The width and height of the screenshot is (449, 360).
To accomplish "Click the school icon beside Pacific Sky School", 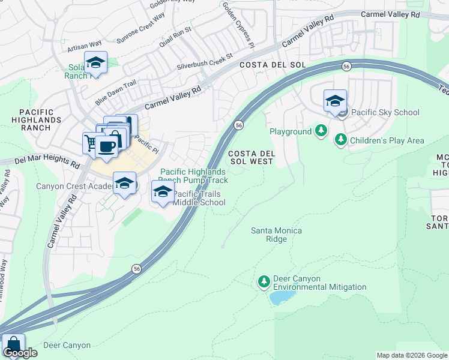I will [335, 100].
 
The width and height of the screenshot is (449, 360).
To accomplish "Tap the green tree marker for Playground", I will [321, 131].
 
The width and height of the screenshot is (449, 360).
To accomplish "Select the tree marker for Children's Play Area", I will [341, 140].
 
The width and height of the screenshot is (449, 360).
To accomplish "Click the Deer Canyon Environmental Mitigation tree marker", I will [264, 281].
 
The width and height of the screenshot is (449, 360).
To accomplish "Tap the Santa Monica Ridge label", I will [276, 235].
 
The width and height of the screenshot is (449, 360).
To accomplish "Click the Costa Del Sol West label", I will [251, 158].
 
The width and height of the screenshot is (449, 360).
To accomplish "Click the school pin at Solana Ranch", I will [95, 62].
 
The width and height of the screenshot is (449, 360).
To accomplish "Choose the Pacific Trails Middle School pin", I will [162, 192].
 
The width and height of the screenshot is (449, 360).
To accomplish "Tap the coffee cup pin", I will [106, 146].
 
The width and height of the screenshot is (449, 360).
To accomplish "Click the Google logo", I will [20, 353].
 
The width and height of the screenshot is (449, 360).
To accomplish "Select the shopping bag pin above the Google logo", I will [13, 345].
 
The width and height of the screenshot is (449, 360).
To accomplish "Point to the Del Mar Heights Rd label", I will [47, 161].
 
